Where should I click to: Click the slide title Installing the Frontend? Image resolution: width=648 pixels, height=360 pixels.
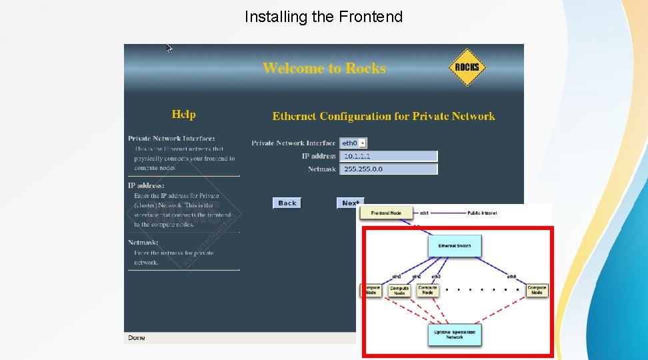click(323, 17)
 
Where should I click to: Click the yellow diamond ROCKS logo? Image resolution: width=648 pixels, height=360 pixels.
click(467, 67)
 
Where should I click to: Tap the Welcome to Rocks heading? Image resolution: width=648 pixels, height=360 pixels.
click(324, 68)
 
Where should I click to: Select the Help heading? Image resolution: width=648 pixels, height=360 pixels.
click(183, 115)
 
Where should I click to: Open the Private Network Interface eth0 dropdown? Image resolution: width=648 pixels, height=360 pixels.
click(353, 143)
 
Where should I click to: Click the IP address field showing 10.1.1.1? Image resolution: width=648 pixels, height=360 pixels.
click(389, 156)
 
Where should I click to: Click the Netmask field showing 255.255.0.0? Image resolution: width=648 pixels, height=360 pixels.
click(389, 169)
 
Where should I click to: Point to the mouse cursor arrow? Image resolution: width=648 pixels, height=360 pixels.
click(169, 48)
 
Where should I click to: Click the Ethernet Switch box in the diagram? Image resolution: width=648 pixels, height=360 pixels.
click(455, 246)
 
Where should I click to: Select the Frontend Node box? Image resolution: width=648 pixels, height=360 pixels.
click(386, 213)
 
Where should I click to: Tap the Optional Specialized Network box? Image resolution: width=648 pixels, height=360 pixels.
click(455, 334)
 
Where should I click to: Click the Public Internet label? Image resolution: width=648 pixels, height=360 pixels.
click(482, 213)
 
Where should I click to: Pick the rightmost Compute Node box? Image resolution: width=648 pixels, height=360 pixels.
click(537, 290)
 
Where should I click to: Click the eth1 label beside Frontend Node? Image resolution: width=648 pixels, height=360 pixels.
click(424, 213)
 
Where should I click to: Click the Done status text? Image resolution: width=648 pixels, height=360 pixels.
click(137, 338)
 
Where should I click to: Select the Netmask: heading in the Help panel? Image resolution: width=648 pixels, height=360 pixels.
click(143, 243)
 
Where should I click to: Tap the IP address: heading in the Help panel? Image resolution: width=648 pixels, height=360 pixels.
click(146, 185)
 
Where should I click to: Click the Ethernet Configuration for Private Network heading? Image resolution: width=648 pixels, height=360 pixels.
click(383, 116)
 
